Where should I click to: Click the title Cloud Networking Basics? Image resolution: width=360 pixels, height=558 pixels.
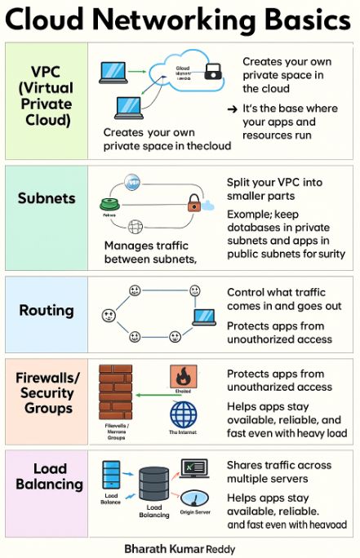[180, 20]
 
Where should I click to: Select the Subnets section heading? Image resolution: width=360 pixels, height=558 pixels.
[47, 198]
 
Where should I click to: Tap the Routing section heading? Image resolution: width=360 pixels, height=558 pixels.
[47, 310]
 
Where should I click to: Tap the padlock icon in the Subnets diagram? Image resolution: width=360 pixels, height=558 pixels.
[194, 202]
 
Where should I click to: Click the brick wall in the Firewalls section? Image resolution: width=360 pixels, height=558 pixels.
[115, 392]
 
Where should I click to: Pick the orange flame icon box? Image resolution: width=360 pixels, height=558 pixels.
[183, 377]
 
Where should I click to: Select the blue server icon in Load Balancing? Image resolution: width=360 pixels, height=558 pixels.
[112, 475]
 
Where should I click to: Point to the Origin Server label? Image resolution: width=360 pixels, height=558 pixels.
[195, 513]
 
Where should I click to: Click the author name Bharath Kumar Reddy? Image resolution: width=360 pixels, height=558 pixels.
[180, 549]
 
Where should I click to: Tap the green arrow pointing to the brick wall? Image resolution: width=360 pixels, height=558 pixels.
[150, 395]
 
